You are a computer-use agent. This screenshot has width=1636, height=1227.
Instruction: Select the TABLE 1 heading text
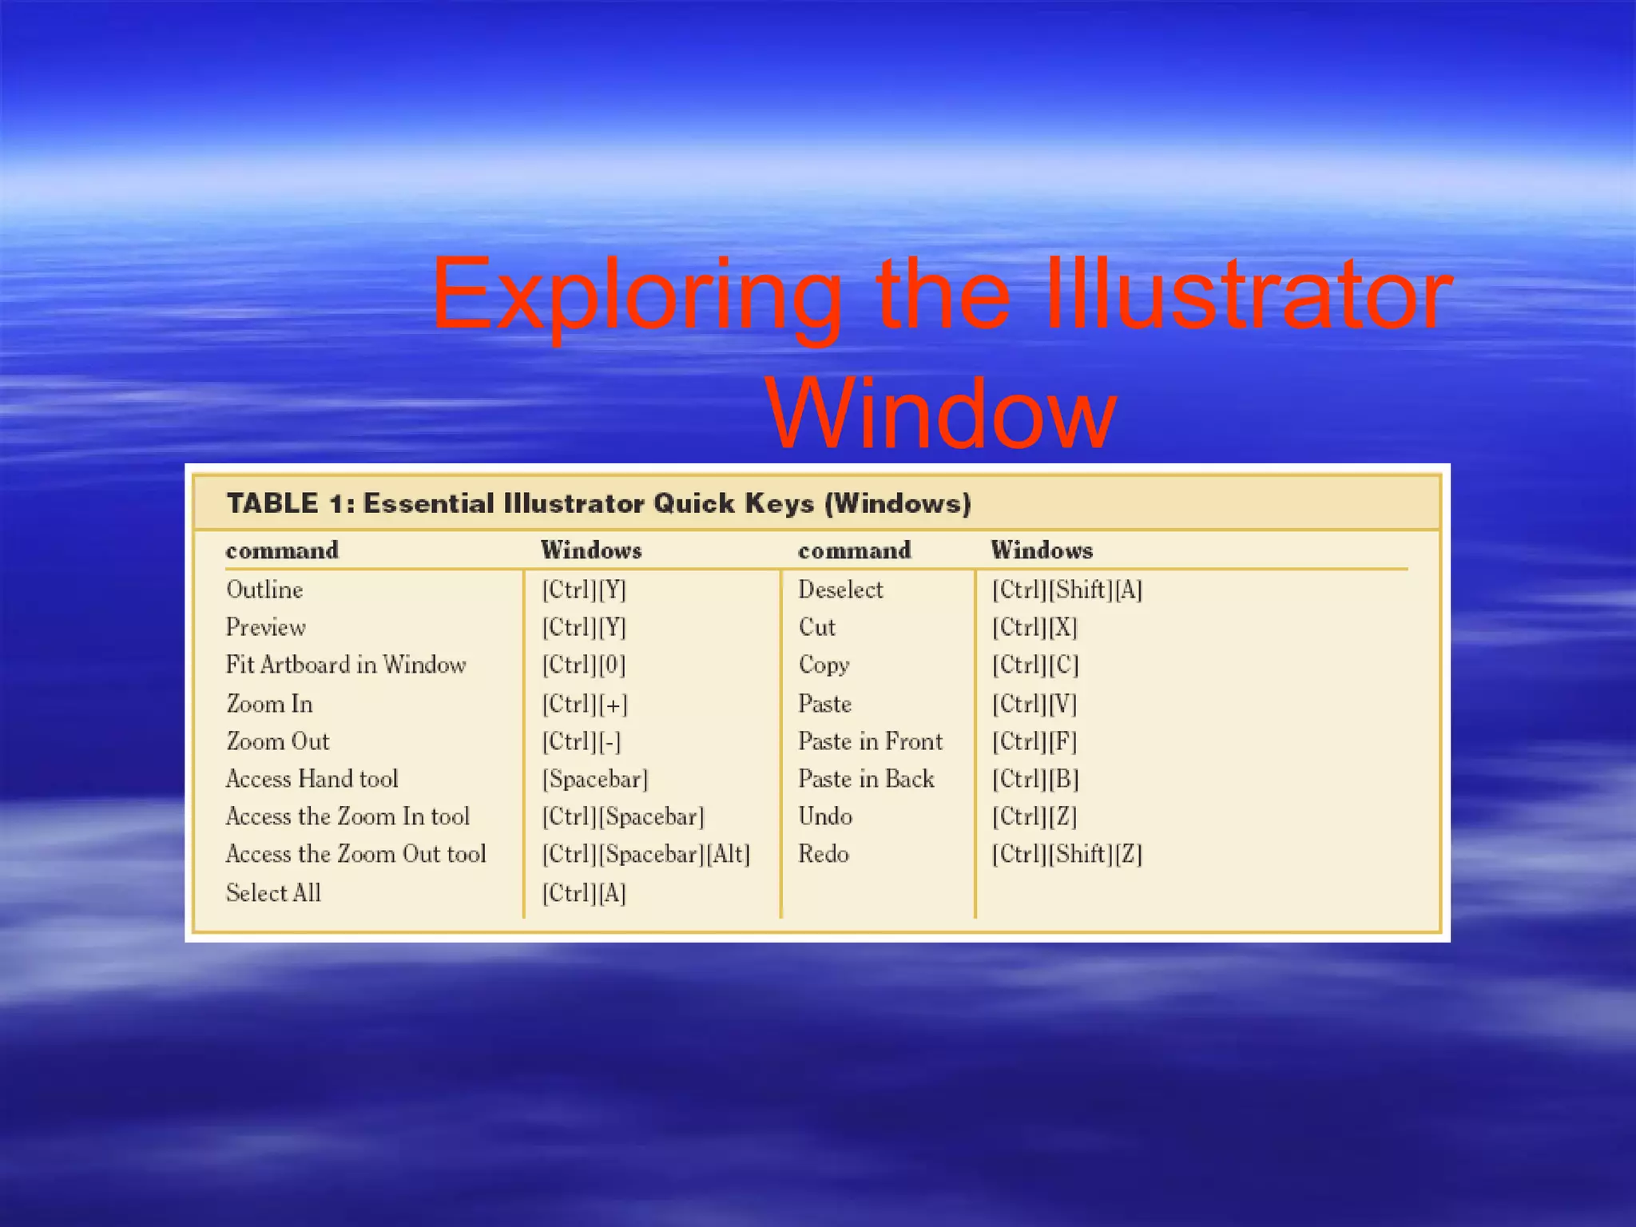point(598,503)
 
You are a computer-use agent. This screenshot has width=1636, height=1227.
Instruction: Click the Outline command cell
point(264,590)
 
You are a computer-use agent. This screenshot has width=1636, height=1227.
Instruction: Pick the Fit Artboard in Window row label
point(345,665)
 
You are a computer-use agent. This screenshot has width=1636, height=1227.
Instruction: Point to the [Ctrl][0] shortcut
point(583,665)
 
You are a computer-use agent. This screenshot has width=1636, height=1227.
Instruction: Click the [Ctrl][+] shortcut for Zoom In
point(585,704)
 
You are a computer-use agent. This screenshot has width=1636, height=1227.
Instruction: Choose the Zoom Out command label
point(277,741)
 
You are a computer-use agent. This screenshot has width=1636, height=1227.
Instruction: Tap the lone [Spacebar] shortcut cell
point(595,779)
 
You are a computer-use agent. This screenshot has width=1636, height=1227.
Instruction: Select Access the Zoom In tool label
point(347,816)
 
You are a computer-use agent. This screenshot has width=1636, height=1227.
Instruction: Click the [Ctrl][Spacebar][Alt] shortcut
point(645,854)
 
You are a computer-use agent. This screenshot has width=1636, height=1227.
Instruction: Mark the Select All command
point(273,892)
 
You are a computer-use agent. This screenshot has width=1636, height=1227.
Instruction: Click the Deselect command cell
point(840,590)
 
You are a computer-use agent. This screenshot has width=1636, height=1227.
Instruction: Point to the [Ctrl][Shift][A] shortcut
point(1066,590)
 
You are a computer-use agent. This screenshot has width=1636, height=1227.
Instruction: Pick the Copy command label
point(824,665)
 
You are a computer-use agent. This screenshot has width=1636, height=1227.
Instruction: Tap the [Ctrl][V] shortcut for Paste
point(1034,704)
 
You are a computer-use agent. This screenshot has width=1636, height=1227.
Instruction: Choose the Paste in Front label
point(870,741)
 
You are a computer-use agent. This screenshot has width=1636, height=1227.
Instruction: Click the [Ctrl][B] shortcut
point(1034,779)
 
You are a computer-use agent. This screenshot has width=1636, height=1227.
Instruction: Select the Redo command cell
point(823,854)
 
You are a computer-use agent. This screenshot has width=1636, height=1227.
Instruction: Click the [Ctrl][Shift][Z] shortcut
point(1066,854)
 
